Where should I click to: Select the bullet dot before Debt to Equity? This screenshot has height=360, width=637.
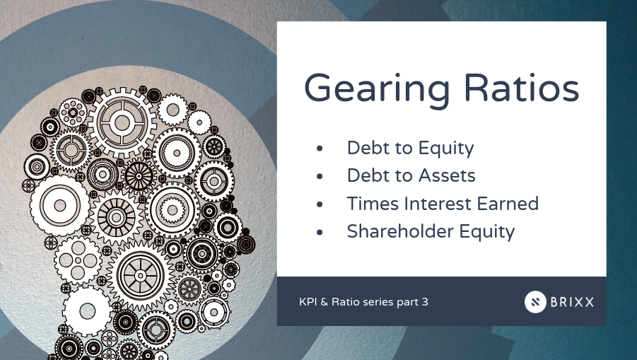[321, 150]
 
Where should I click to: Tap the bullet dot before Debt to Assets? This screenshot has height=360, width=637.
[321, 177]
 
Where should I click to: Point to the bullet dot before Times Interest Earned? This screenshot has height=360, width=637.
[321, 204]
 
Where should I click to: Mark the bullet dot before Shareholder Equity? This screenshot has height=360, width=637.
[321, 232]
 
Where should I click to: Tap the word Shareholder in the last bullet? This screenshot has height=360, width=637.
[403, 231]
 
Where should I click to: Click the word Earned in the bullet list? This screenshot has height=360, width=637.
[506, 204]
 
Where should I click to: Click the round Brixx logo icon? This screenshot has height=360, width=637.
[536, 302]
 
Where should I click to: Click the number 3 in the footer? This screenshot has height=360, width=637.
[424, 302]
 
